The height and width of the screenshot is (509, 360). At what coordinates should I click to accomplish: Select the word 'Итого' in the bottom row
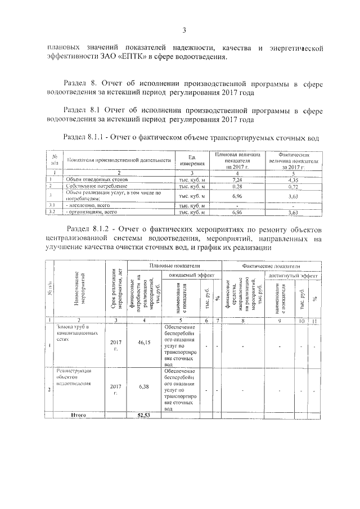point(78,415)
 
